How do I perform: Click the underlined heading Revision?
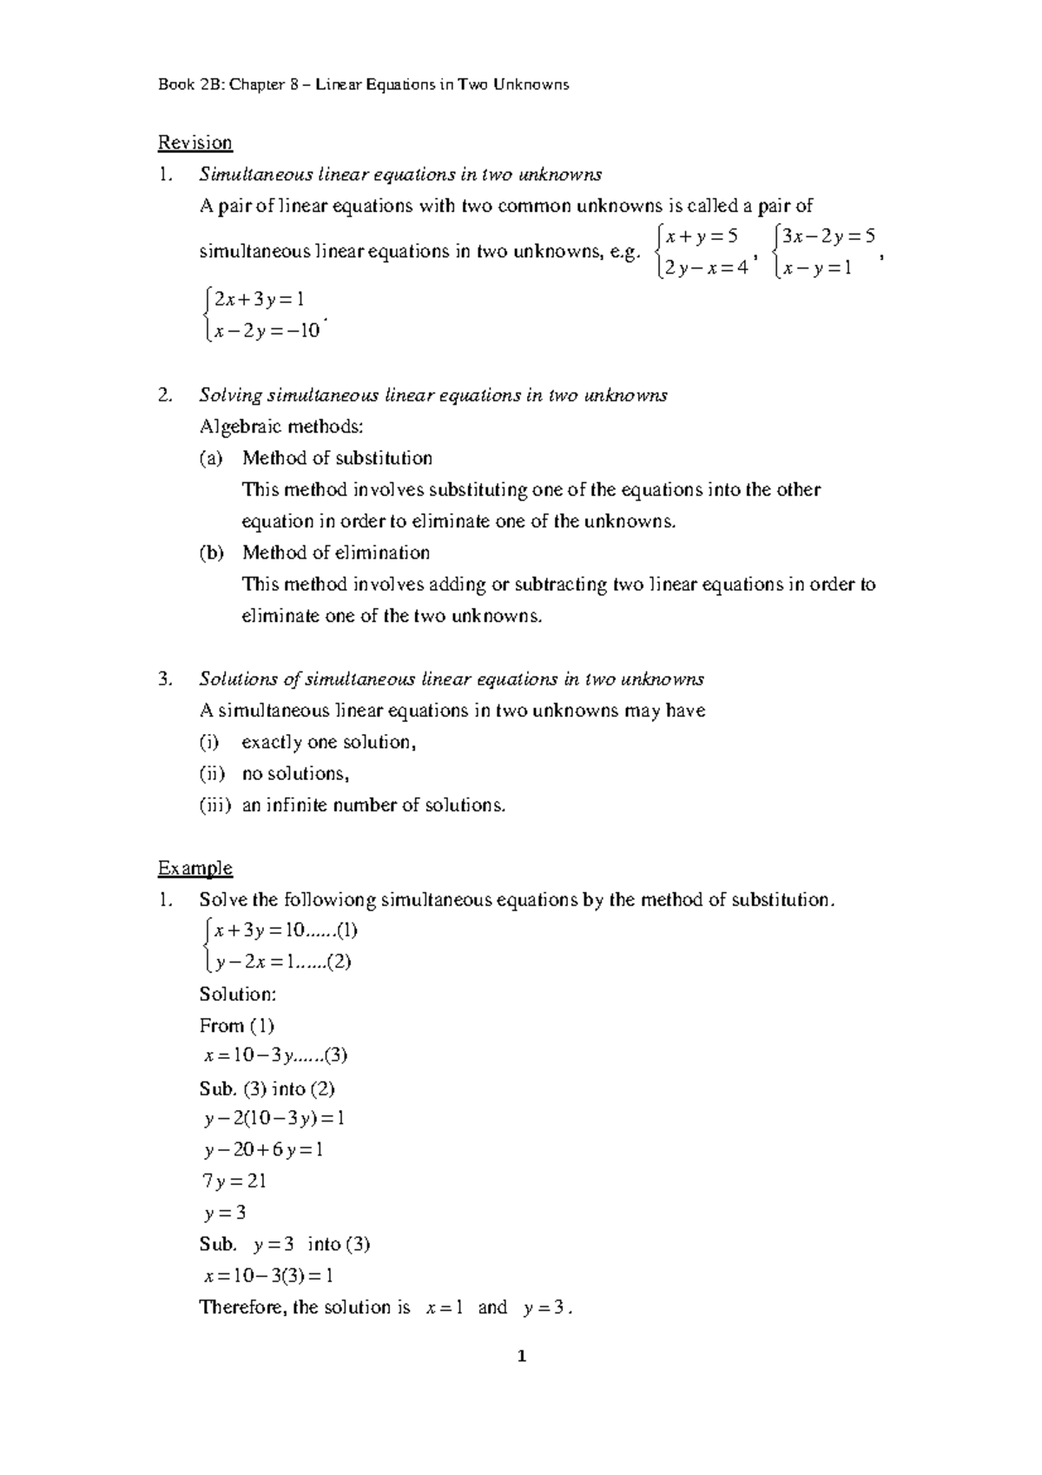point(195,142)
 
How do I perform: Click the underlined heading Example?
point(195,868)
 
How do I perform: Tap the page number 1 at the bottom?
point(521,1380)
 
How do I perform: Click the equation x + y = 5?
point(700,236)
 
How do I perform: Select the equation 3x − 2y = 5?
point(827,236)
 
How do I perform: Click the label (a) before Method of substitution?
point(211,458)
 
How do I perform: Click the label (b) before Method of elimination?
point(211,552)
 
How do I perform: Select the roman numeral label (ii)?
point(212,773)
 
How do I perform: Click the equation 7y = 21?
point(233,1181)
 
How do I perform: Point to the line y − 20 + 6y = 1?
point(263,1149)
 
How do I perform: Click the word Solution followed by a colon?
point(237,994)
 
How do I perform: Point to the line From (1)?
point(236,1025)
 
